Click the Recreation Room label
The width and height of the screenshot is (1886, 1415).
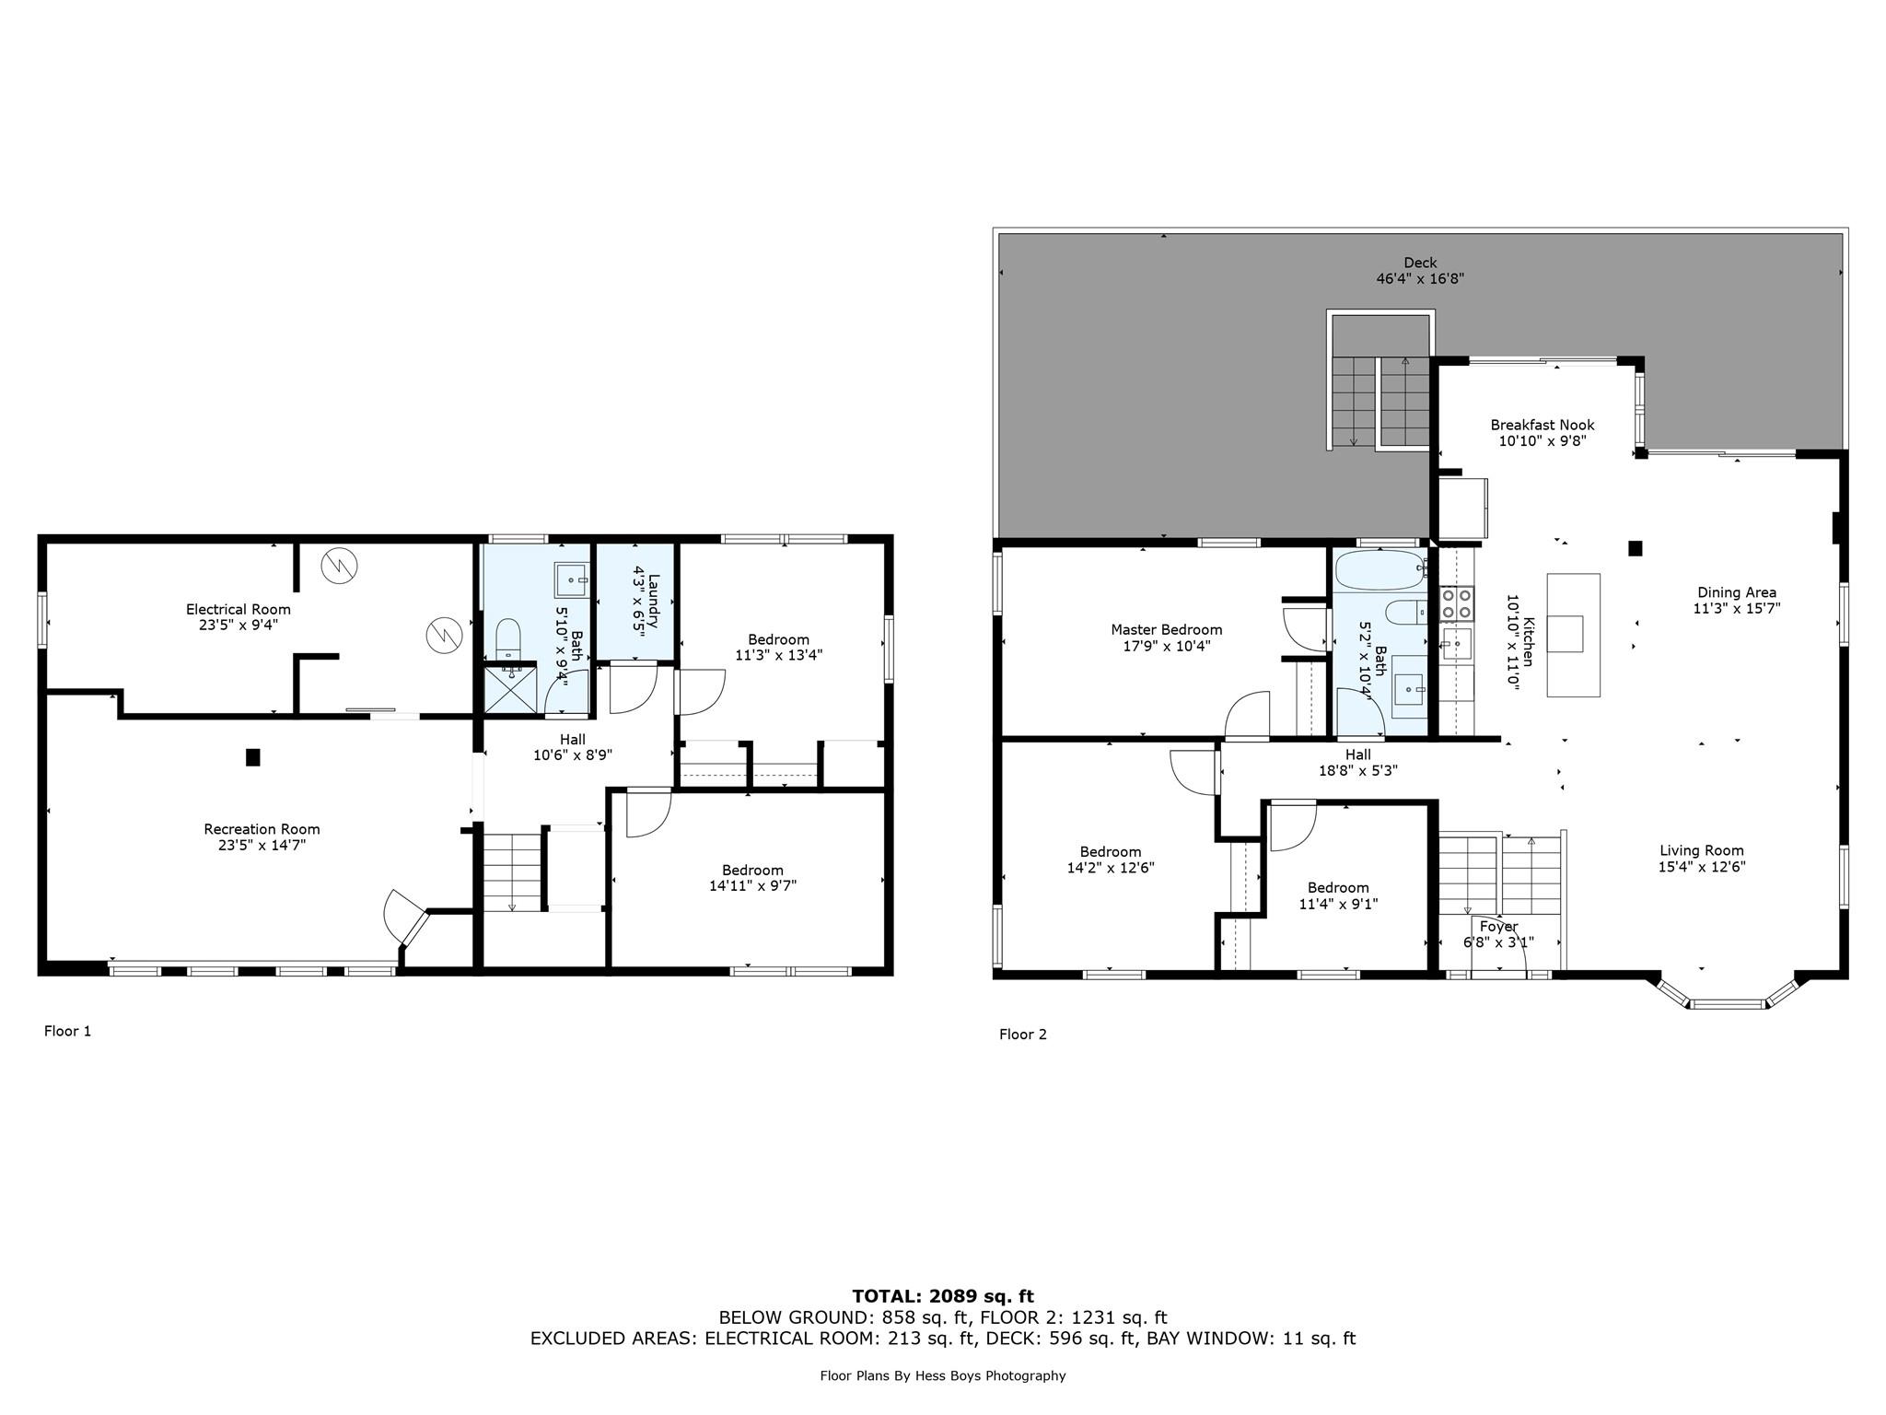(x=262, y=829)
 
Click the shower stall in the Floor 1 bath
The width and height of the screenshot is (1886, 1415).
(x=509, y=689)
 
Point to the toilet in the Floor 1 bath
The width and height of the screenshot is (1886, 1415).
(x=508, y=637)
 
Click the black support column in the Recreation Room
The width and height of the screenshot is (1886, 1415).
(x=253, y=757)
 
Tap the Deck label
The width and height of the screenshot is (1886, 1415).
(x=1420, y=263)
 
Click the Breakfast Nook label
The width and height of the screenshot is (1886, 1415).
(x=1543, y=425)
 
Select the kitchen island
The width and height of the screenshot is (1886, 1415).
(x=1573, y=634)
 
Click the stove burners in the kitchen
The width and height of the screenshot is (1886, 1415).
(x=1457, y=603)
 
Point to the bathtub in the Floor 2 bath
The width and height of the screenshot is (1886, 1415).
(x=1379, y=569)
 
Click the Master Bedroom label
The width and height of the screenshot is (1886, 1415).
(x=1166, y=630)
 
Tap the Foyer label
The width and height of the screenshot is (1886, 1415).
(x=1498, y=927)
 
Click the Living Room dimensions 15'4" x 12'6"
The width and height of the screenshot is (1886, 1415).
(x=1702, y=867)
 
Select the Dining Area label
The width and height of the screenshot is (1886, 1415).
(x=1736, y=592)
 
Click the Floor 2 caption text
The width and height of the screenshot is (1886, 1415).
(x=1022, y=1035)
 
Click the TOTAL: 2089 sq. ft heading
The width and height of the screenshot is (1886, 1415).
(x=943, y=1296)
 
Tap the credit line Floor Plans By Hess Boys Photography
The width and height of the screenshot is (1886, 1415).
(x=943, y=1375)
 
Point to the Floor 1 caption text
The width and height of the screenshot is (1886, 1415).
(x=68, y=1031)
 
